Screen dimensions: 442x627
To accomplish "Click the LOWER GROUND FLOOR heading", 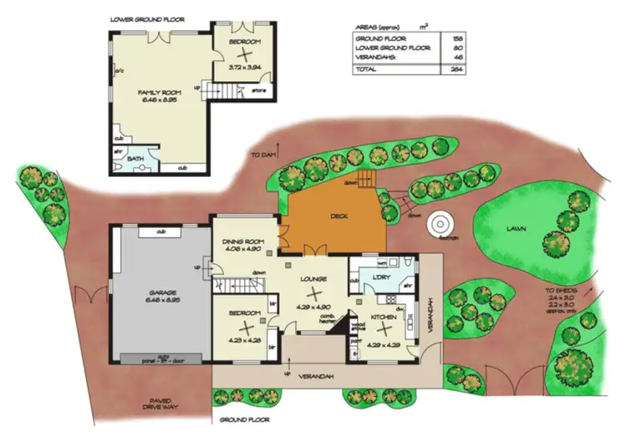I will click(x=149, y=18).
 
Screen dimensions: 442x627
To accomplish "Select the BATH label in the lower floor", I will click(x=135, y=156).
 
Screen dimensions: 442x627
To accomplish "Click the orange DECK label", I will click(x=338, y=216).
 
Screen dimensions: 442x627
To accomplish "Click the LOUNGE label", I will click(x=313, y=279).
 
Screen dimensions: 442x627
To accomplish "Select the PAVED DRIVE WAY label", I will click(x=155, y=404).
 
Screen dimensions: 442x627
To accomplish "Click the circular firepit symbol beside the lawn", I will click(x=438, y=226).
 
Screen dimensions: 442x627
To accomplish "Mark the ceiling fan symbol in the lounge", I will click(x=313, y=293).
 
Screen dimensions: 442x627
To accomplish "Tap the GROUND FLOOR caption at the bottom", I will click(x=242, y=419).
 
